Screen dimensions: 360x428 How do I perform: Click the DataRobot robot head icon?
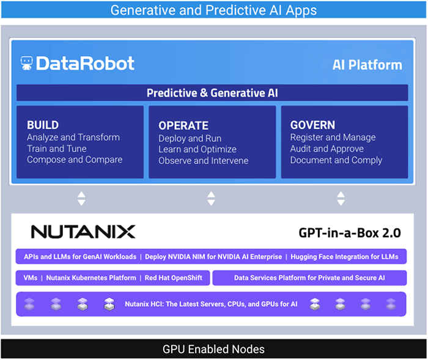[26, 63]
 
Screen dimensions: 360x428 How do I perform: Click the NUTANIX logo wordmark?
[83, 232]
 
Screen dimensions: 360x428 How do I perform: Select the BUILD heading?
[43, 125]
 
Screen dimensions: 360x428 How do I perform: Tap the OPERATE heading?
[183, 125]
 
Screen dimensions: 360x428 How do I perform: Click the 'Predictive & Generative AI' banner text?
[212, 94]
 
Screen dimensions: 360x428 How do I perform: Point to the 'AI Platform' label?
[367, 65]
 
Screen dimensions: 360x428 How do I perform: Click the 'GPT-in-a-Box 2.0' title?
[349, 233]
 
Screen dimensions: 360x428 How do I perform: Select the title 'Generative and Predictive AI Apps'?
[213, 10]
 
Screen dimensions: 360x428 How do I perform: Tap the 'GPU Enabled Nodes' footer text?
[213, 349]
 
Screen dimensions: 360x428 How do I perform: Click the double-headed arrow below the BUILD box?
[81, 198]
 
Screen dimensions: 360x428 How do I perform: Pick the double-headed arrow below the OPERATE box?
[211, 198]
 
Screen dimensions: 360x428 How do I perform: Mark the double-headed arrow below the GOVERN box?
[341, 198]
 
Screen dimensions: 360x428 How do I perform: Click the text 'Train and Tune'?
[57, 149]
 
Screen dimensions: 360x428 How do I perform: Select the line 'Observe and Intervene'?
[203, 161]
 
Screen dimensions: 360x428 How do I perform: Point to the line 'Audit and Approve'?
[327, 149]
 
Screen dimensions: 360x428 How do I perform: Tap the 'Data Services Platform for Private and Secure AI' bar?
[309, 278]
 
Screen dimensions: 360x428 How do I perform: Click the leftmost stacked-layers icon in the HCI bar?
[29, 304]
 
